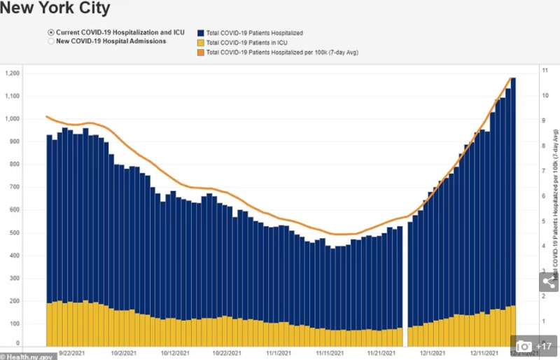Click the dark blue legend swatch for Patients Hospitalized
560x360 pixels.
(200, 33)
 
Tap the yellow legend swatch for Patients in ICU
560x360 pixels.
(200, 43)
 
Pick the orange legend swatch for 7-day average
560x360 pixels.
(200, 53)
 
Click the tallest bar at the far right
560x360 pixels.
(513, 210)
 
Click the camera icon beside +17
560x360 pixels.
(524, 346)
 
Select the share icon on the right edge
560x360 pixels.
(549, 282)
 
